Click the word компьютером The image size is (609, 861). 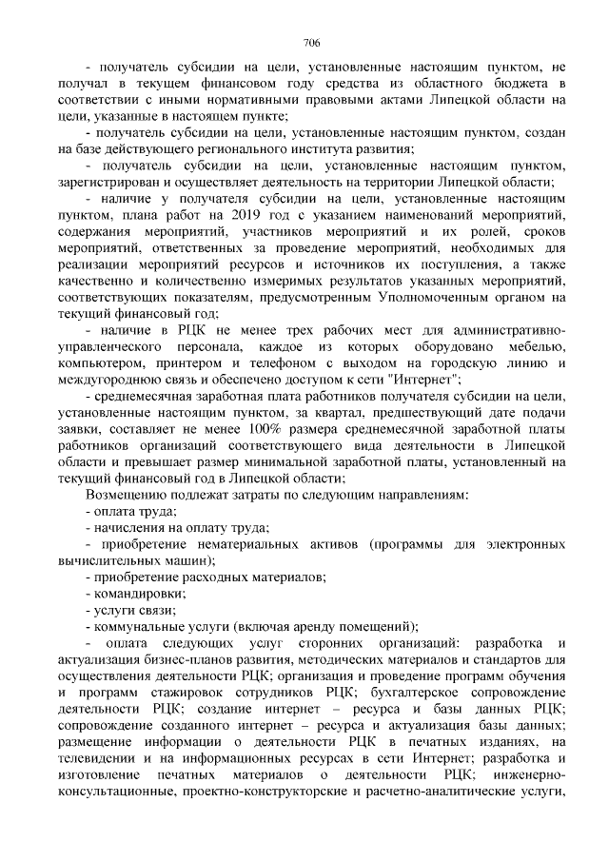click(x=100, y=362)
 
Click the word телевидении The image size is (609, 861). click(x=100, y=758)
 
